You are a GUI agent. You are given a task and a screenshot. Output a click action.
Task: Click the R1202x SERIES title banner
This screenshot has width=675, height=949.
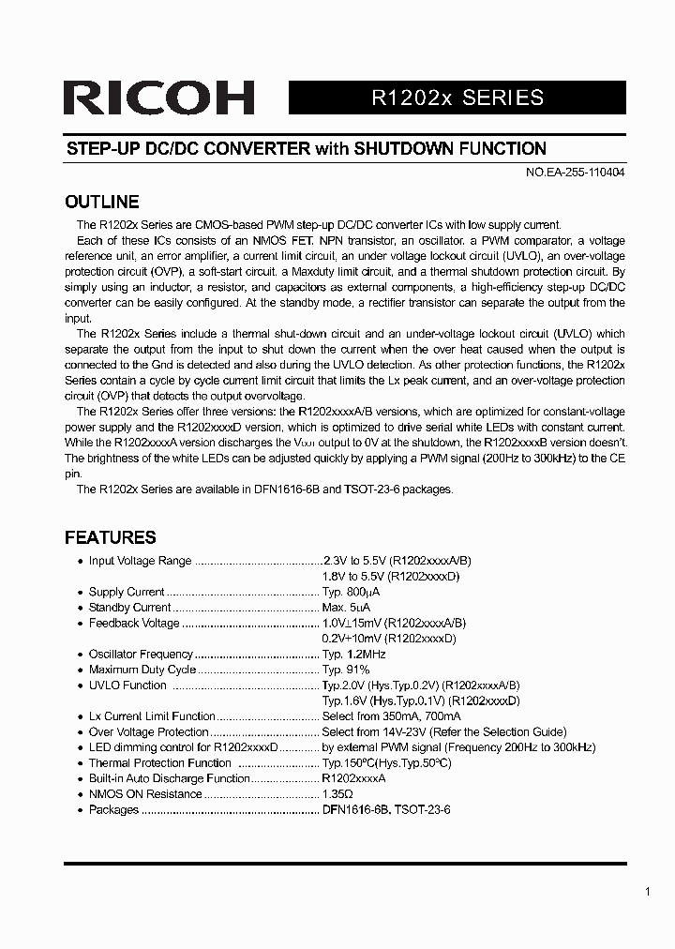(457, 98)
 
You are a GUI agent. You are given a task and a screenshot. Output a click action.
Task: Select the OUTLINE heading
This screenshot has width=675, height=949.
(101, 203)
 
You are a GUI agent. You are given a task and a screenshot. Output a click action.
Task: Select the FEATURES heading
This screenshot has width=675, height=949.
(110, 538)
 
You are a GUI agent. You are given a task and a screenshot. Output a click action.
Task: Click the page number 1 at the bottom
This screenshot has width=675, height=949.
(647, 892)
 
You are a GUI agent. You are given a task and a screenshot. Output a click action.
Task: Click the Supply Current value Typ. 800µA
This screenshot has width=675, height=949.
(351, 593)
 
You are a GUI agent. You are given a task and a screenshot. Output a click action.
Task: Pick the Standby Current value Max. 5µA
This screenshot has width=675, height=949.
(348, 608)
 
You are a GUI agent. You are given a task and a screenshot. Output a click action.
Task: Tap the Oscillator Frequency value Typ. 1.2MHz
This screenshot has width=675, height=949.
(353, 655)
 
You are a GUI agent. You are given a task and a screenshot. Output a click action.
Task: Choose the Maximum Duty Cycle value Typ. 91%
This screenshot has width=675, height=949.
(346, 670)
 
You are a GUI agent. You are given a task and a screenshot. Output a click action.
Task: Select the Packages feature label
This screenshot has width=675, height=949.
(113, 810)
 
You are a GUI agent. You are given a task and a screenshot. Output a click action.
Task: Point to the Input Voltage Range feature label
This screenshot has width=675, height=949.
(140, 562)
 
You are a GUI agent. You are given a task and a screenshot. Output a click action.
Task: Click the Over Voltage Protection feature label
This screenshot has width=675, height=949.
(148, 732)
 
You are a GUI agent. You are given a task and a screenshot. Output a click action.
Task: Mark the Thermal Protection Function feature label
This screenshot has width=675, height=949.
(159, 763)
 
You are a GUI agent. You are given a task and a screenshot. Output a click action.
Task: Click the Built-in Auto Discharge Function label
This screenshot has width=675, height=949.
(170, 778)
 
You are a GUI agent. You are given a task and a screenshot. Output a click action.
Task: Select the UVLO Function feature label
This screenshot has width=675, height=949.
(127, 685)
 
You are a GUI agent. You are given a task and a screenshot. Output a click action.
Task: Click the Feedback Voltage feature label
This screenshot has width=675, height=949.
(133, 624)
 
